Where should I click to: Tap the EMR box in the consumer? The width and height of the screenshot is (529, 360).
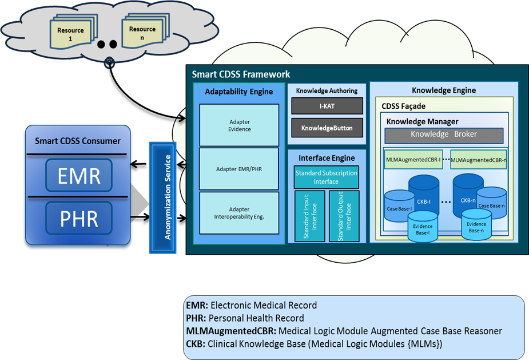coord(79,176)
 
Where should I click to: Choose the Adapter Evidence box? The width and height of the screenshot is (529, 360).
coord(238,125)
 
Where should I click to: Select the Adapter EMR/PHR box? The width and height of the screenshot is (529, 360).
coord(238,169)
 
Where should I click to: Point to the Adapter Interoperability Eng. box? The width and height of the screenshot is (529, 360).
coord(238,213)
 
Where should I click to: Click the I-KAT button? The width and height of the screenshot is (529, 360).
coord(327,106)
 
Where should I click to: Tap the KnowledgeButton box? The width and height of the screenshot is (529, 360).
coord(327,128)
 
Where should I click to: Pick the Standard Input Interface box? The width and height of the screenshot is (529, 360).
coord(309,216)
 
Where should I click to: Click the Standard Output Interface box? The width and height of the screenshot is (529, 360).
coord(344,216)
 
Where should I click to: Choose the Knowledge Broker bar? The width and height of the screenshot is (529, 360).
coord(444,135)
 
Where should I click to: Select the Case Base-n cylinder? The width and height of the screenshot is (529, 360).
coord(492,203)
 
